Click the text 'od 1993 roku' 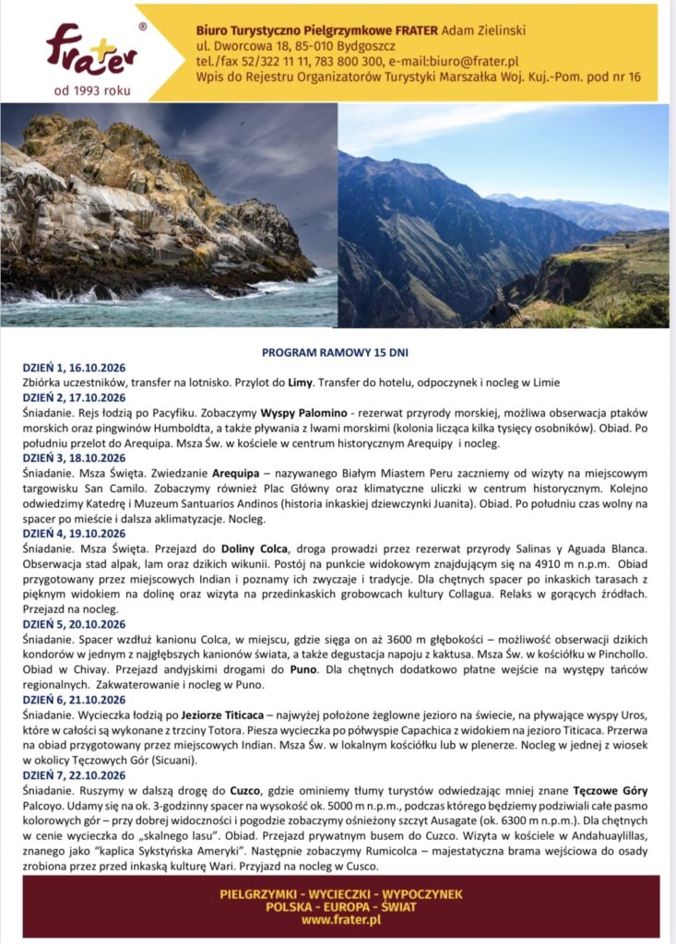tap(92, 89)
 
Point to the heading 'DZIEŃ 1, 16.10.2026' tap(74, 367)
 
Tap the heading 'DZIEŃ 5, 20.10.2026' tap(74, 624)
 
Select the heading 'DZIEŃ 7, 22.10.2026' tap(74, 775)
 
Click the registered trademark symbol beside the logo tap(142, 28)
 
